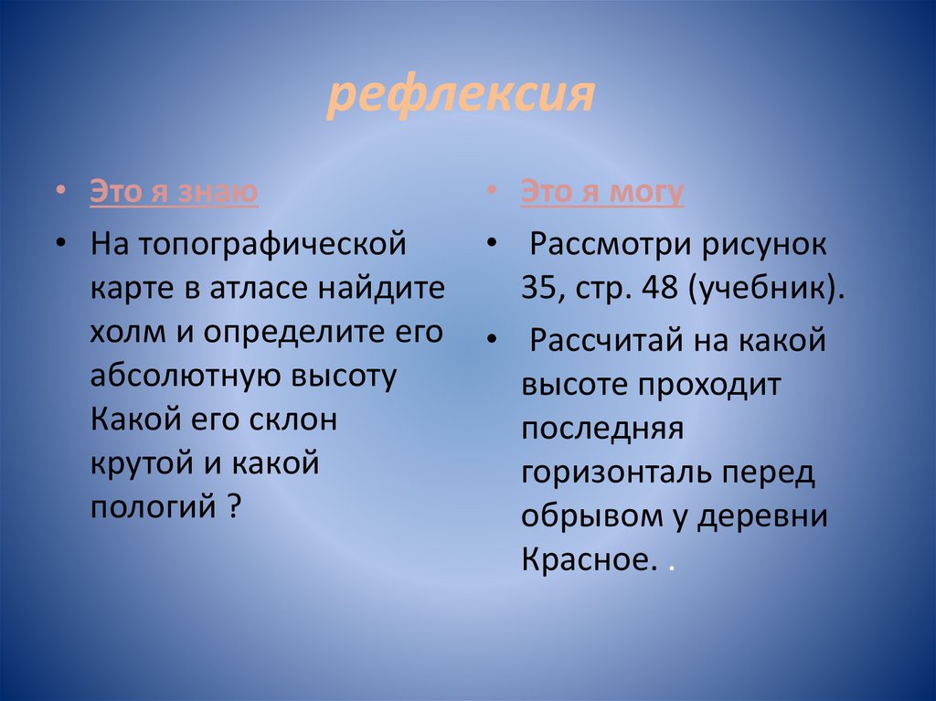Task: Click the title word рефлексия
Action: (462, 96)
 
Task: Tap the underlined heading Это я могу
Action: (602, 192)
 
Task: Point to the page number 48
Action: (658, 290)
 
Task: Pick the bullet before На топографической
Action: (60, 244)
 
